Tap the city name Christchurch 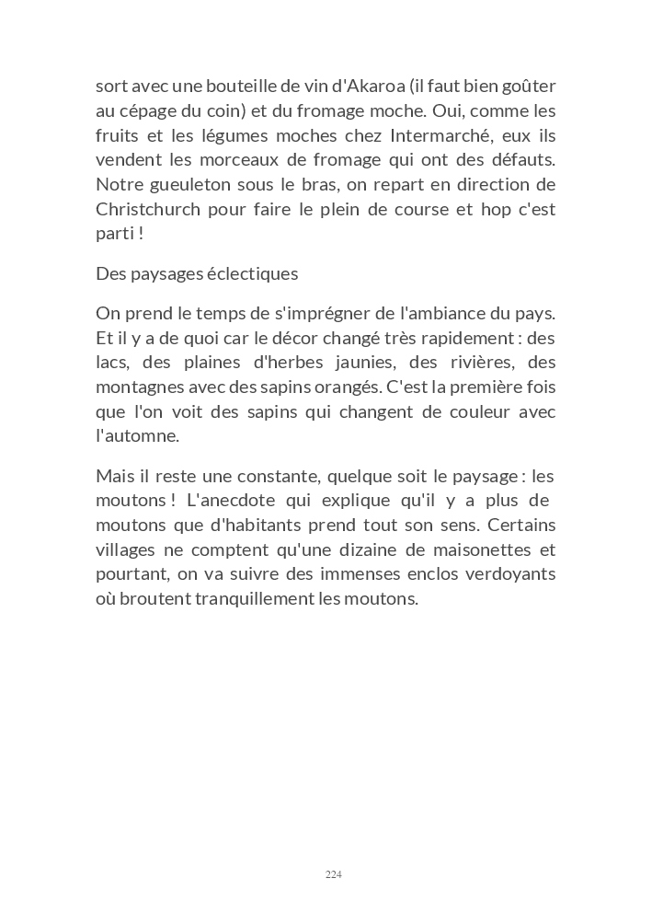(148, 209)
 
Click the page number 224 (333, 874)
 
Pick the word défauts (521, 160)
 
